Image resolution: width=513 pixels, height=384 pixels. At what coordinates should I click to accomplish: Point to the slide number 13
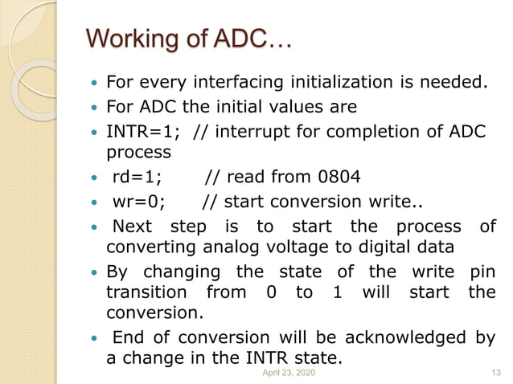[x=495, y=374]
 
